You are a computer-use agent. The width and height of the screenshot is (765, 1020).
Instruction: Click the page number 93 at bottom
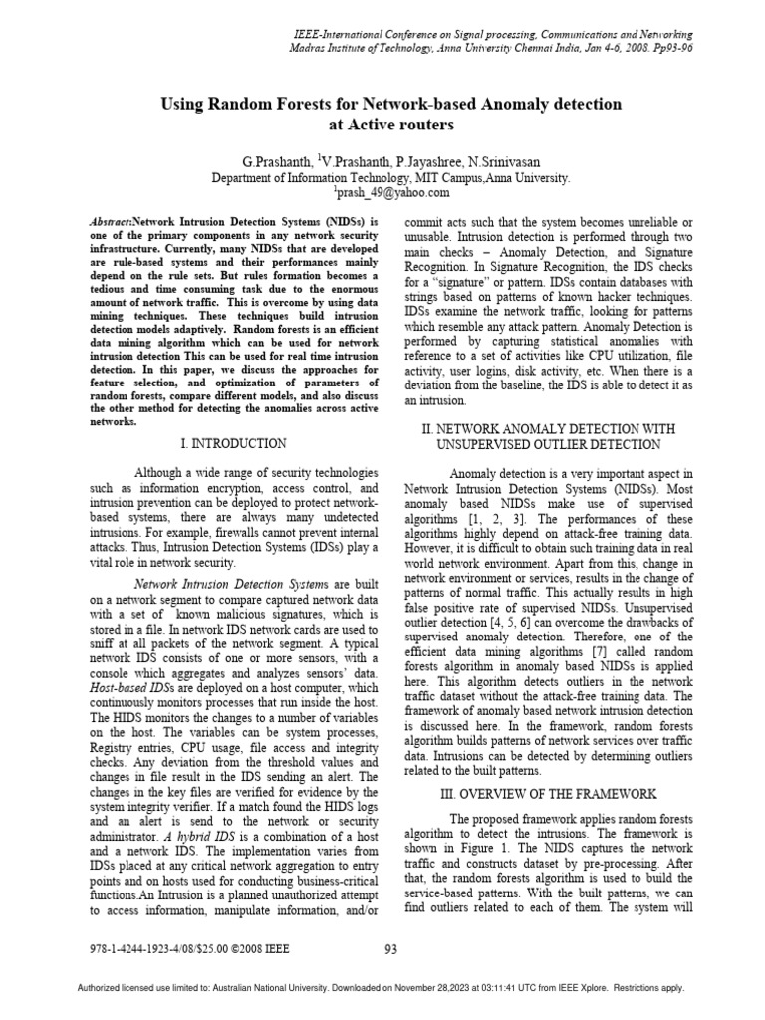[x=390, y=949]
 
